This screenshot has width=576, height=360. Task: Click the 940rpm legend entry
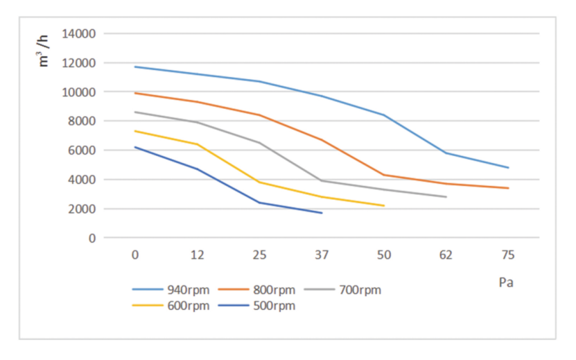tap(166, 290)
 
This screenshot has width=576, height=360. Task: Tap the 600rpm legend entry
tap(166, 306)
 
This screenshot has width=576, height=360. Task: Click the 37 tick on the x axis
tap(322, 255)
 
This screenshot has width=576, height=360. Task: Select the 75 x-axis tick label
tap(508, 255)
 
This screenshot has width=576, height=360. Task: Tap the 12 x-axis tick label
tap(198, 255)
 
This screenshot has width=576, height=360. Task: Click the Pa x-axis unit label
tap(506, 283)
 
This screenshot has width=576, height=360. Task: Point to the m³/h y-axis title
tap(44, 50)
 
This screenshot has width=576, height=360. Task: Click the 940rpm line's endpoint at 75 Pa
tap(508, 167)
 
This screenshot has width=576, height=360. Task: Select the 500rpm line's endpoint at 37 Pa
tap(322, 212)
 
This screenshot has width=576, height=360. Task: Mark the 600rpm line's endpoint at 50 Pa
tap(384, 205)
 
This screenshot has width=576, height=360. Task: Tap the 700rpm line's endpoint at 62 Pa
tap(446, 196)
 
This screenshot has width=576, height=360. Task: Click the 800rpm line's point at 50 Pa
tap(384, 175)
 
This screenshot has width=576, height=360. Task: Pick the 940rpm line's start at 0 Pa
tap(135, 67)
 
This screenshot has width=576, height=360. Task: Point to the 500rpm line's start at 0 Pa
tap(135, 147)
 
